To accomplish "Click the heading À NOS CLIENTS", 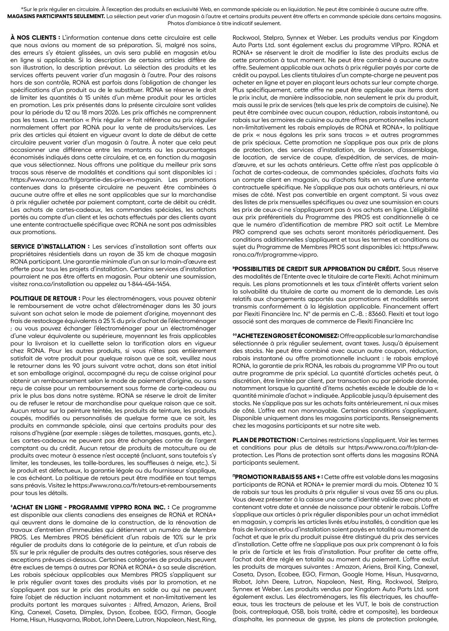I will tap(35, 38).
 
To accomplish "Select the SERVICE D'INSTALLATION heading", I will tap(48, 246).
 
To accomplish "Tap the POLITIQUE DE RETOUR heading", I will tap(45, 298).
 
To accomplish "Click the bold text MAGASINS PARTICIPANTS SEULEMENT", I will tap(56, 16).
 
